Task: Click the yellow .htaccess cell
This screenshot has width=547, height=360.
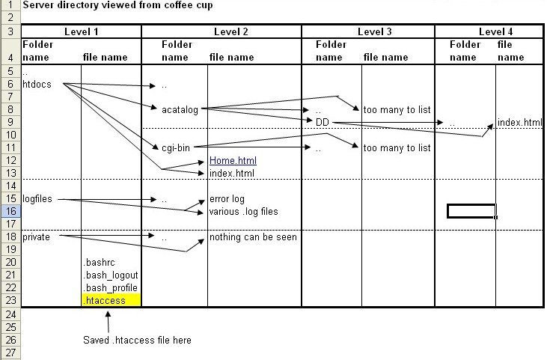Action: pyautogui.click(x=111, y=300)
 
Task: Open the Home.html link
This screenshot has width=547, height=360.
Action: pyautogui.click(x=233, y=161)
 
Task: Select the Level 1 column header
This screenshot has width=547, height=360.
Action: pyautogui.click(x=82, y=31)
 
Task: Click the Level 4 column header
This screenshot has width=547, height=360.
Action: pyautogui.click(x=489, y=31)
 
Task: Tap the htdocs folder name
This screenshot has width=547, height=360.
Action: pyautogui.click(x=37, y=85)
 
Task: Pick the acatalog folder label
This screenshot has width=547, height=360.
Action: pyautogui.click(x=180, y=110)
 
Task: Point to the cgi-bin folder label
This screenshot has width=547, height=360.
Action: pyautogui.click(x=177, y=148)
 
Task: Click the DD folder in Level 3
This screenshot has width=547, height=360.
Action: pyautogui.click(x=323, y=123)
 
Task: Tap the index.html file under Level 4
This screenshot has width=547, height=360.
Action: pyautogui.click(x=519, y=123)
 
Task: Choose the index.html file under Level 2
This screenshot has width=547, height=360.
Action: pyautogui.click(x=232, y=174)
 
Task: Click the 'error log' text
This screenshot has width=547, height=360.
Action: pyautogui.click(x=227, y=199)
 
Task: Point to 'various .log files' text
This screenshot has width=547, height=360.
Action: pyautogui.click(x=243, y=212)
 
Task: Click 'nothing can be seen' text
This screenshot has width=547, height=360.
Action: pyautogui.click(x=253, y=237)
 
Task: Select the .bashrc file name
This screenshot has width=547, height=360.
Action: pyautogui.click(x=98, y=263)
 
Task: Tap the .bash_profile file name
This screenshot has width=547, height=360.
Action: pyautogui.click(x=111, y=288)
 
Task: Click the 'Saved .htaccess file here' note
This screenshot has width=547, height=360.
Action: pyautogui.click(x=137, y=340)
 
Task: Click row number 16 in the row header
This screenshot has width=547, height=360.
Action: pyautogui.click(x=10, y=212)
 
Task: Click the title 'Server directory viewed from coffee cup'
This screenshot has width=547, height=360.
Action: pyautogui.click(x=117, y=5)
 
